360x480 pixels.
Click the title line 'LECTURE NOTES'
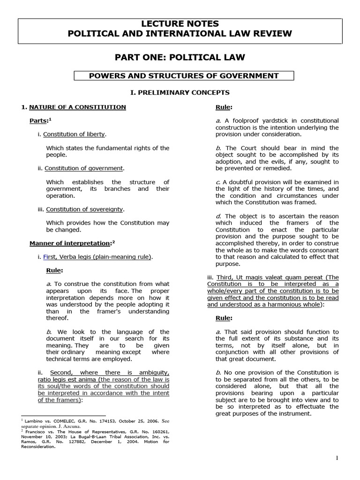[180, 23]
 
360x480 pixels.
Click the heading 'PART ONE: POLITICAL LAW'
[180, 58]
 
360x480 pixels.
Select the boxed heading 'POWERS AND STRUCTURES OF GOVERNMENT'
[184, 76]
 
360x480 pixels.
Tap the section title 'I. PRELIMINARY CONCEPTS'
[180, 92]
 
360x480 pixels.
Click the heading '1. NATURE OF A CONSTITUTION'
[74, 107]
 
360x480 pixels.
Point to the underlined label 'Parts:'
[39, 121]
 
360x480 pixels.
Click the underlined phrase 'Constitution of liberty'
[75, 135]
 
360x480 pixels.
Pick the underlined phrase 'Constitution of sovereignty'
[85, 209]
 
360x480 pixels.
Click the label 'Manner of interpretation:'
[70, 243]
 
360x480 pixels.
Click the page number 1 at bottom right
[337, 458]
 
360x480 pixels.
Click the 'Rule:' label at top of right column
[224, 107]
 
